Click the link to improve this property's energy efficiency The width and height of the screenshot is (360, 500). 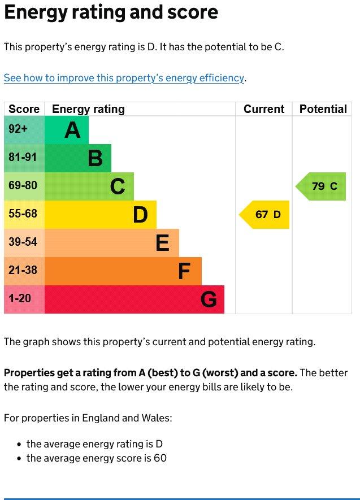click(x=124, y=78)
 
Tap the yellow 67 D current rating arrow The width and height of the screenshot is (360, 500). click(x=264, y=215)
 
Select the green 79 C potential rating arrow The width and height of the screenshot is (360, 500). click(x=321, y=186)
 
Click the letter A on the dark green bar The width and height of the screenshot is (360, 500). click(x=72, y=130)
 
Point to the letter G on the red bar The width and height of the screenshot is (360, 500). click(x=209, y=299)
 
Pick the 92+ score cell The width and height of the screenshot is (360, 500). click(x=24, y=130)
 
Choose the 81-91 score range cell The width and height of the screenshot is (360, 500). click(x=24, y=158)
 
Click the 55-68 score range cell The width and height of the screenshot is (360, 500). click(x=24, y=215)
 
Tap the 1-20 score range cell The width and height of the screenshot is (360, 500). click(x=24, y=299)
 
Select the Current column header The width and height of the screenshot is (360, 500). click(x=264, y=109)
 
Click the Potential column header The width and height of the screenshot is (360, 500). click(x=323, y=109)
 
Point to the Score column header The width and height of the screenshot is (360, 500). click(x=24, y=109)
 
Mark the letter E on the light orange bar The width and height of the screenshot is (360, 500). click(x=162, y=243)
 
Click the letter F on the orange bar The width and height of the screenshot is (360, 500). click(x=184, y=271)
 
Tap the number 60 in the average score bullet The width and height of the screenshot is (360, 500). click(x=160, y=458)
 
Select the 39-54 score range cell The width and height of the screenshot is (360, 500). click(x=24, y=243)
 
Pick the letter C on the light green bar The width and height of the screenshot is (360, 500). click(x=118, y=186)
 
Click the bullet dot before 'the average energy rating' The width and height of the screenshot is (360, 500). click(x=19, y=444)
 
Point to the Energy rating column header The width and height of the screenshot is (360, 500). click(x=88, y=109)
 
